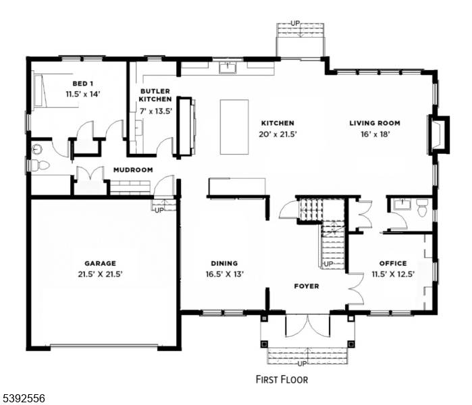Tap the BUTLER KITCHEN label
[155, 95]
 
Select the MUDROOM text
[132, 170]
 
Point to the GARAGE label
[100, 263]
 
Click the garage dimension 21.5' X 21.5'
[100, 274]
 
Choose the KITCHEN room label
[278, 124]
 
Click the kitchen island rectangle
[234, 128]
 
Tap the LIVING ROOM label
[374, 124]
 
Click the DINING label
[224, 263]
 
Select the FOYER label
[306, 286]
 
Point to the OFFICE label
[392, 263]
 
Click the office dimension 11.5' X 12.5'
[392, 274]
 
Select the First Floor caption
[282, 379]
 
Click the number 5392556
[23, 399]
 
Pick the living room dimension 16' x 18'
[374, 134]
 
